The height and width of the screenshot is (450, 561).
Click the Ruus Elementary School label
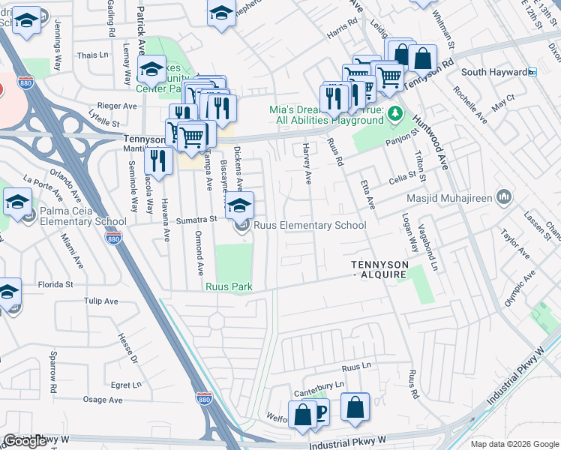click(310, 225)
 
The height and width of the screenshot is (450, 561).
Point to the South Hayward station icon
click(532, 72)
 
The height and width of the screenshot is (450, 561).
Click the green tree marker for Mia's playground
click(396, 115)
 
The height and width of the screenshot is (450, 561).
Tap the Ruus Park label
click(229, 287)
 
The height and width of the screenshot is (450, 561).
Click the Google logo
click(25, 441)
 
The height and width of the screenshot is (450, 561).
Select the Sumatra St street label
click(196, 220)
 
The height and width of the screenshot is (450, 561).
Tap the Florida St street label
click(57, 285)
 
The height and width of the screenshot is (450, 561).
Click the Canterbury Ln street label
click(319, 384)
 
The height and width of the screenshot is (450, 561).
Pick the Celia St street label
click(402, 177)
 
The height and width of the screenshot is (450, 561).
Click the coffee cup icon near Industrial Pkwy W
click(321, 412)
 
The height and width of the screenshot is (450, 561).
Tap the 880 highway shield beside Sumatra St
click(113, 238)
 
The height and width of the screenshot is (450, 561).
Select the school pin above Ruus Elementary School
click(240, 205)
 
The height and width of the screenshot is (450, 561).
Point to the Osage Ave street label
click(103, 400)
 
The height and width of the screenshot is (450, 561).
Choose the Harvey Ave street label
click(306, 164)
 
